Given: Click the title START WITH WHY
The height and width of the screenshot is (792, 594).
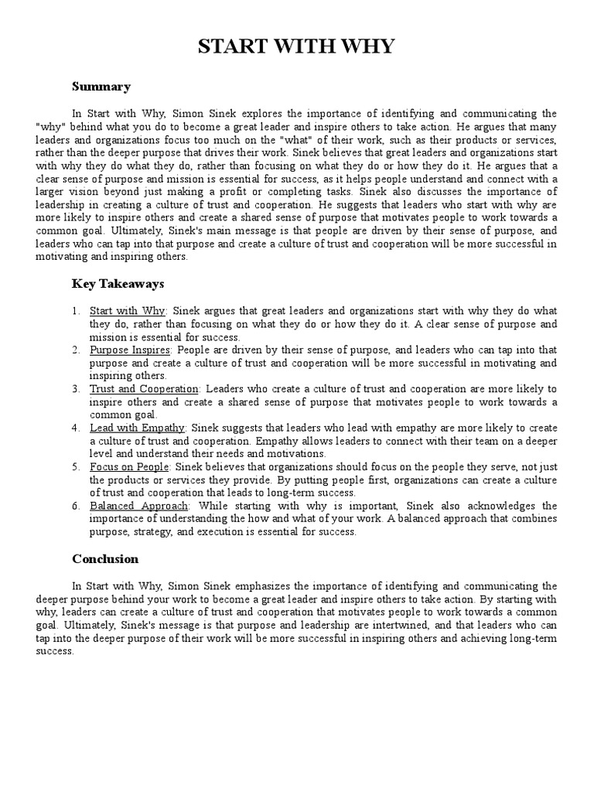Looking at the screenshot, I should click(297, 47).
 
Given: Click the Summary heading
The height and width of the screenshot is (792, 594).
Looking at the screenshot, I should click(101, 87).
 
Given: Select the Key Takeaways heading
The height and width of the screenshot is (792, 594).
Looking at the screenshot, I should click(118, 284).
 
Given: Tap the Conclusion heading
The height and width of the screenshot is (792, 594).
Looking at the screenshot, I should click(105, 558).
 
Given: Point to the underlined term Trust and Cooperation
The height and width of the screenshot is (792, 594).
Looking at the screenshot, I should click(145, 388).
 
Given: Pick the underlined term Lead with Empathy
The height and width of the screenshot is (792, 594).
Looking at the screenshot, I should click(138, 427).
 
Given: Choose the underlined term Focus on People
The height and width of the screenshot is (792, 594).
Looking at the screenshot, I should click(130, 467).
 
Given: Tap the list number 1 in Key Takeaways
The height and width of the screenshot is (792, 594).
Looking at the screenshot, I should click(76, 312).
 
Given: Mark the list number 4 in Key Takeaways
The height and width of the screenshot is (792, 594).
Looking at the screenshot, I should click(76, 427).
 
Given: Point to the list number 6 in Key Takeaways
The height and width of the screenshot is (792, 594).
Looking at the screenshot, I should click(76, 506).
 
